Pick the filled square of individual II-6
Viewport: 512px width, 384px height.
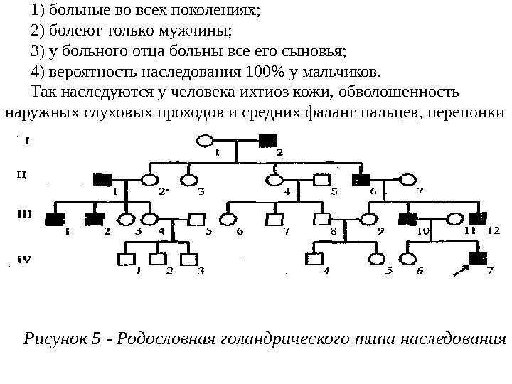[x=366, y=179]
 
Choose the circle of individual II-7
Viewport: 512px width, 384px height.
[x=408, y=179]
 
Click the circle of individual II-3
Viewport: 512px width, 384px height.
[x=189, y=179]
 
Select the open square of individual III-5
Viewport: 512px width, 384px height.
[x=197, y=219]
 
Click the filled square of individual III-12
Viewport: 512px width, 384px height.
[x=478, y=219]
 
